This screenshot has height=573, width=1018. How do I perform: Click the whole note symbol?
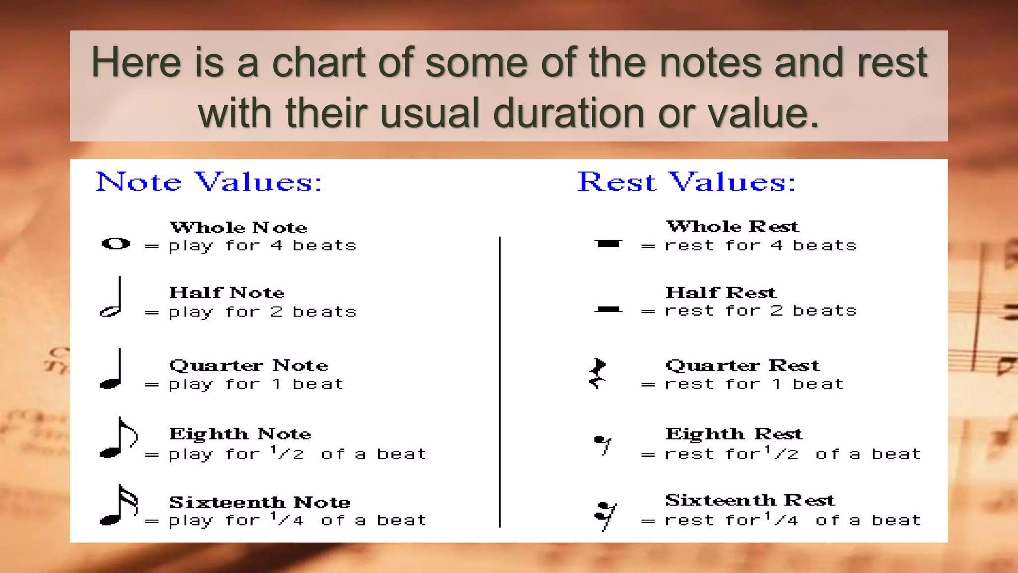click(x=116, y=244)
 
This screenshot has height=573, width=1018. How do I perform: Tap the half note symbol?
click(x=112, y=298)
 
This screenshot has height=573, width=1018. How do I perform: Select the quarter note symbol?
click(x=112, y=371)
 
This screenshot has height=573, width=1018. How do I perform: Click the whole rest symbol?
click(x=608, y=244)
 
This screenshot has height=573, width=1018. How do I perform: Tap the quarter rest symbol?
click(x=598, y=373)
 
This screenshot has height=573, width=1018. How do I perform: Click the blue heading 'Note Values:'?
click(x=209, y=182)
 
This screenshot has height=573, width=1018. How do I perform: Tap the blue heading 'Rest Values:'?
click(x=686, y=182)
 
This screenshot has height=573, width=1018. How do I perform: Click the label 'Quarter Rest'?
click(x=742, y=365)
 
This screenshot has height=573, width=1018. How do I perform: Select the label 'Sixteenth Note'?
click(x=259, y=502)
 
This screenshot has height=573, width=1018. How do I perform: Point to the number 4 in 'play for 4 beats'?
click(x=276, y=245)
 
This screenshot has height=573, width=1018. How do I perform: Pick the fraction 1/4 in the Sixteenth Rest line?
click(x=781, y=519)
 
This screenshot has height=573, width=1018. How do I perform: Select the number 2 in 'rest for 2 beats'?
click(x=777, y=311)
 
